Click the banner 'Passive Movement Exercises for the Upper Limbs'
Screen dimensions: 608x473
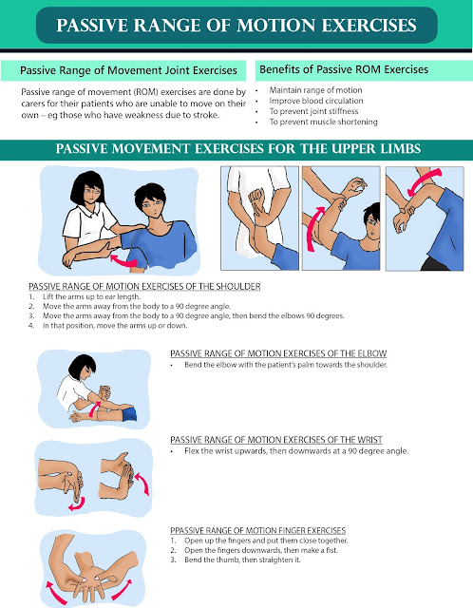click(236, 149)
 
